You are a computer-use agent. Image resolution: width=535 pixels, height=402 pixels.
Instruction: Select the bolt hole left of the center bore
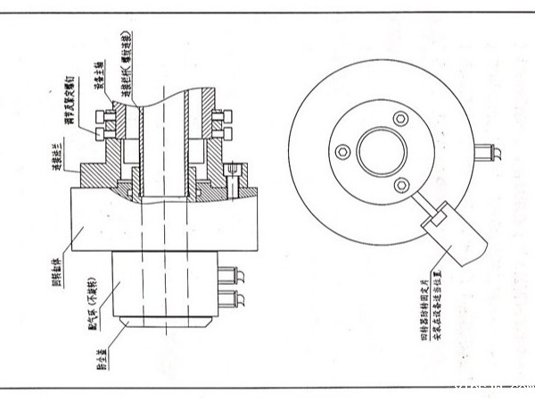(x=340, y=147)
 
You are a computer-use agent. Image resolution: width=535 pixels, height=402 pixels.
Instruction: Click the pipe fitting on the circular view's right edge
(x=488, y=149)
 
